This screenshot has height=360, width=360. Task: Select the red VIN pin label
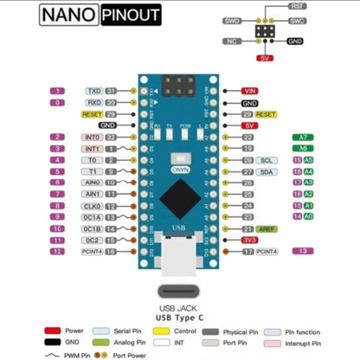pos(251,90)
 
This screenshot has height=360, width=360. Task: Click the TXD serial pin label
pos(94,90)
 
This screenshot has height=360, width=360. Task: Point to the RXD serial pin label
pos(94,102)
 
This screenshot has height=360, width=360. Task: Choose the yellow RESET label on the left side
pos(92,114)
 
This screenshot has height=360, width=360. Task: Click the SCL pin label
pos(267,161)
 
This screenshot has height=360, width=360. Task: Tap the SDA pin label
pos(267,172)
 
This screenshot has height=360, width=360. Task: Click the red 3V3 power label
pos(250,240)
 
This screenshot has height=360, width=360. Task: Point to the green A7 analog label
pos(302,138)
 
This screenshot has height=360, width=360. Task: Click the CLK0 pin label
pos(93,206)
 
